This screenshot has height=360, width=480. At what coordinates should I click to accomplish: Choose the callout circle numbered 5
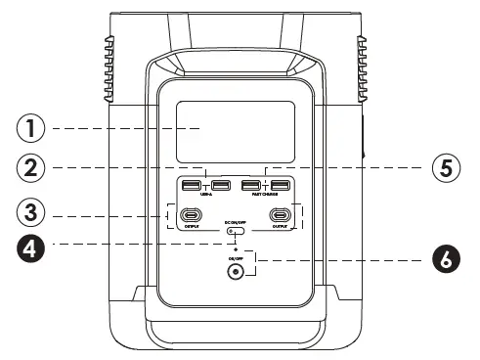pyautogui.click(x=446, y=167)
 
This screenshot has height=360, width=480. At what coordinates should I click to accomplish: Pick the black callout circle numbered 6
pyautogui.click(x=446, y=261)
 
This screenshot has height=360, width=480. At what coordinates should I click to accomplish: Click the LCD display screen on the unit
pyautogui.click(x=235, y=130)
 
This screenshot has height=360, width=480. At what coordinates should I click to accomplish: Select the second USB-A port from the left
pyautogui.click(x=219, y=187)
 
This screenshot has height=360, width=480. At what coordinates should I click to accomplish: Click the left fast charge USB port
pyautogui.click(x=251, y=187)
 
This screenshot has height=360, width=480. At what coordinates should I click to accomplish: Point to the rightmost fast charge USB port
pyautogui.click(x=281, y=187)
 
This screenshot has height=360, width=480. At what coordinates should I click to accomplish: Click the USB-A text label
pyautogui.click(x=205, y=196)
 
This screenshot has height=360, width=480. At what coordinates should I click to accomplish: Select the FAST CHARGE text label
pyautogui.click(x=266, y=196)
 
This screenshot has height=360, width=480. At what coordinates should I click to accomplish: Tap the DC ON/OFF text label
pyautogui.click(x=235, y=222)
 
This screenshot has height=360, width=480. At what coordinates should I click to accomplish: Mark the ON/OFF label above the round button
pyautogui.click(x=235, y=257)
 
